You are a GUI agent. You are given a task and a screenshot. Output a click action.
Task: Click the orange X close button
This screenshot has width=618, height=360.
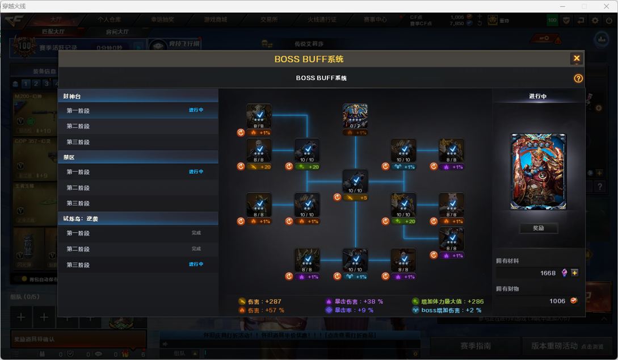pos(576,58)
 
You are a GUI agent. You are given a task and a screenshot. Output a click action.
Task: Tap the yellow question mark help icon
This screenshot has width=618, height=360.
pos(578,78)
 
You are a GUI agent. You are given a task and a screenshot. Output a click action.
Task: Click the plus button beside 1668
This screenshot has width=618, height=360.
pos(575,273)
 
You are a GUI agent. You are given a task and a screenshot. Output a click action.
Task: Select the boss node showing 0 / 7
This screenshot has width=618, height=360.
pos(355,116)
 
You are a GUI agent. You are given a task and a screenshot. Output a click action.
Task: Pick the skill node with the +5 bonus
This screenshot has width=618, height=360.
pos(355,182)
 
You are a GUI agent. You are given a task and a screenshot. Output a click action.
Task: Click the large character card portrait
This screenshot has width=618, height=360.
pos(538,172)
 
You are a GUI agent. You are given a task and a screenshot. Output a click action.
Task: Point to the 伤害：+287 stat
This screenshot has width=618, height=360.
pos(260,302)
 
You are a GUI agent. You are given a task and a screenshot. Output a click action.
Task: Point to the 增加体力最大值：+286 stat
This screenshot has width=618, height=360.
pos(448,302)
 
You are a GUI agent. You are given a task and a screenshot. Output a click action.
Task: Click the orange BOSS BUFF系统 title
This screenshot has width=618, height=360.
pos(309,59)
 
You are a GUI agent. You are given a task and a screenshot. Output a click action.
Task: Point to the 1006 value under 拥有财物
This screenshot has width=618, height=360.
pos(557,301)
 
